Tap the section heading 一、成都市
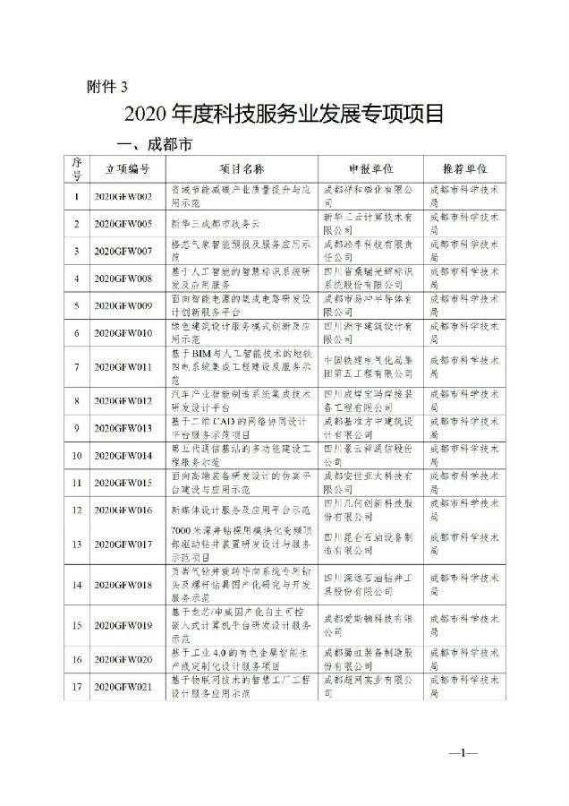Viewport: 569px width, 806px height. coord(149,144)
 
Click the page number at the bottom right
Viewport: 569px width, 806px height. coord(469,753)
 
